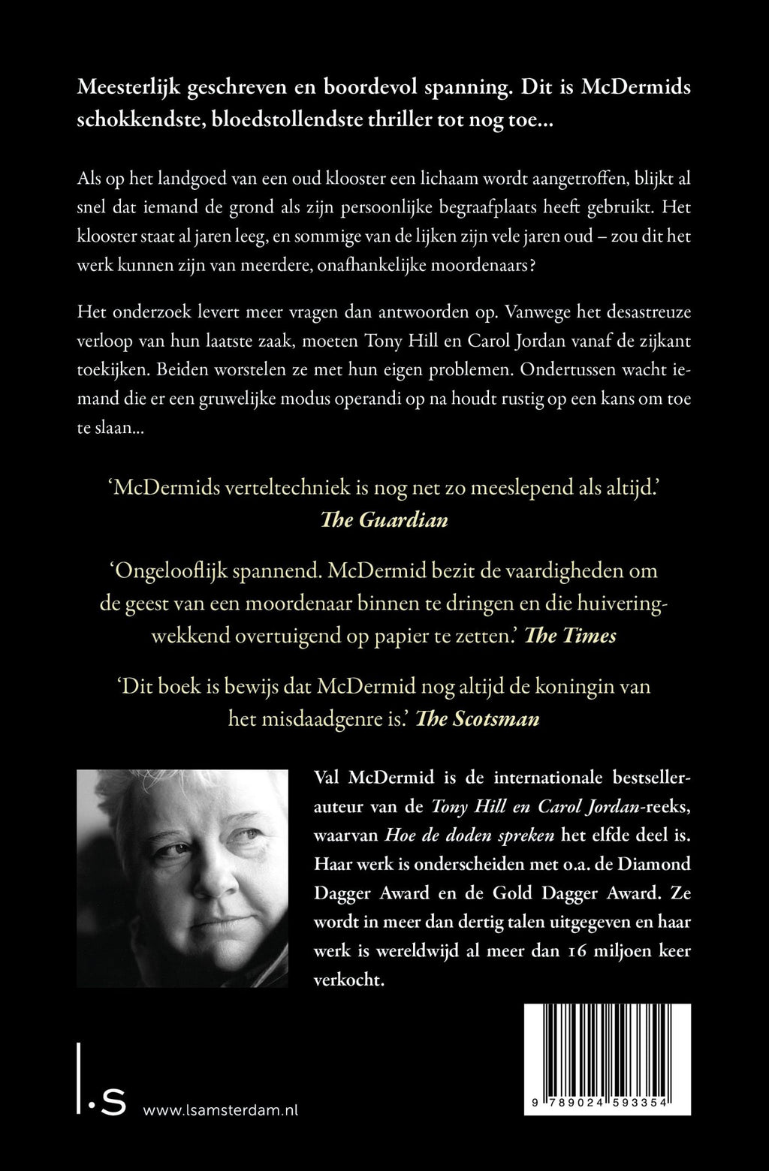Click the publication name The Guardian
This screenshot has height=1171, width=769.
coord(384,519)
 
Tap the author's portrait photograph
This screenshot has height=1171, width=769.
coord(182,878)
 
